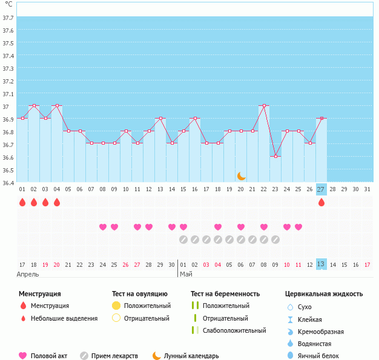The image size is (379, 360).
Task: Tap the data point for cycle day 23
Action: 275,156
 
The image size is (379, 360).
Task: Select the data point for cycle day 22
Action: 264,105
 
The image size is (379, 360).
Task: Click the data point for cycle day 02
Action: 34,105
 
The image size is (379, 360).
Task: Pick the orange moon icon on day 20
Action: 241,175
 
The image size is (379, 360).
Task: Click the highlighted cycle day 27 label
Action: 321,189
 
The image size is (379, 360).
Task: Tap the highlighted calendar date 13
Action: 321,264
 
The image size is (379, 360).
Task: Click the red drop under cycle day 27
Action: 321,202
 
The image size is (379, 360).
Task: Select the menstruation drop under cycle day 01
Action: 22,202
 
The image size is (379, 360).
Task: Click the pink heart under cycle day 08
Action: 103,227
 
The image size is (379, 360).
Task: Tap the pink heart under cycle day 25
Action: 298,227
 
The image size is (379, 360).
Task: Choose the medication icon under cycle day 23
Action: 275,240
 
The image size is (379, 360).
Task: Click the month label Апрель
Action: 28,274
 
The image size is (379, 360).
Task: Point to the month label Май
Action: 186,274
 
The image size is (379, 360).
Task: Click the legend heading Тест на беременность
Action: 225,294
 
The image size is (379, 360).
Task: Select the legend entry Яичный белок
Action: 323,356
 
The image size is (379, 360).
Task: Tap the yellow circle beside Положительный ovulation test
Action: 117,306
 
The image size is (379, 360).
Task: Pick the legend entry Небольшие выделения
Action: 64,318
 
